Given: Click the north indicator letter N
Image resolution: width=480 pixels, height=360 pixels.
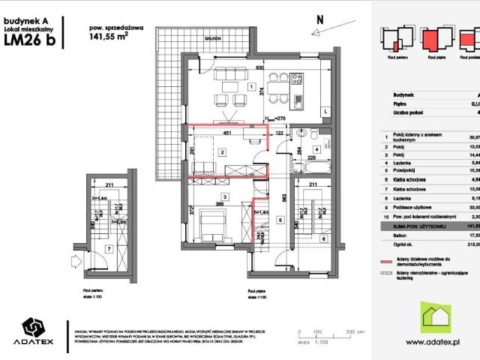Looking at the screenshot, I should coord(319,18).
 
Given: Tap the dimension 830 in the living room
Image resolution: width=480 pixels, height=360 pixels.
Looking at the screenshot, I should coord(259,68).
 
